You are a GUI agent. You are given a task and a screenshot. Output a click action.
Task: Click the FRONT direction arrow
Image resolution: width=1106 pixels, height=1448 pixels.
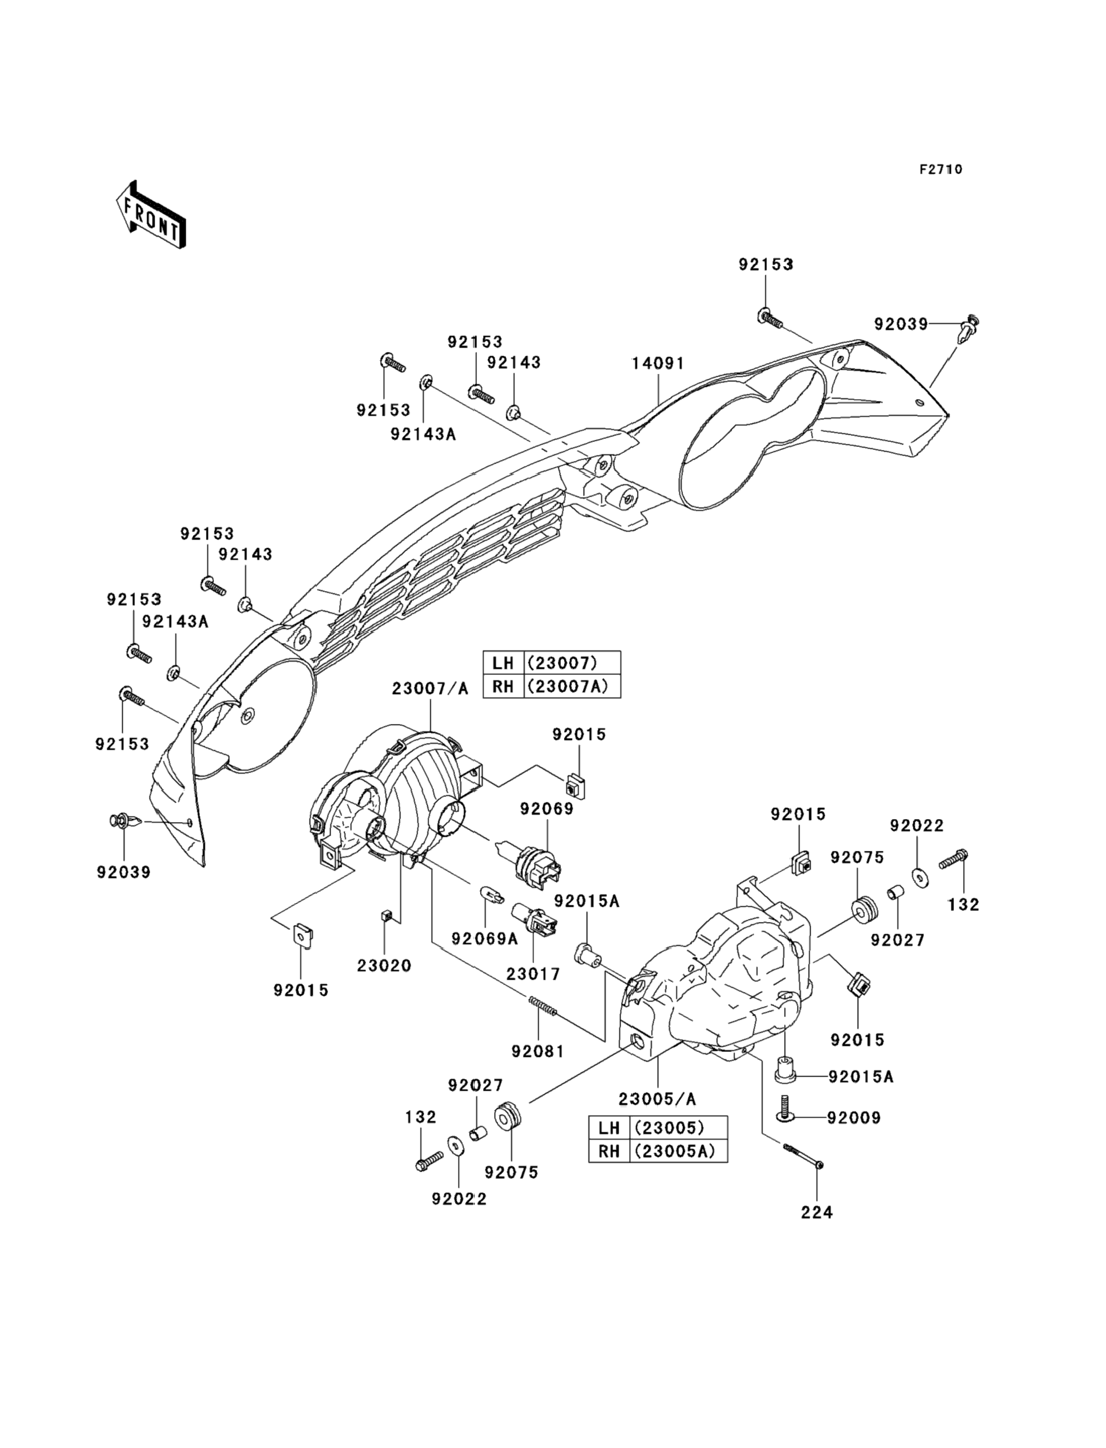(151, 215)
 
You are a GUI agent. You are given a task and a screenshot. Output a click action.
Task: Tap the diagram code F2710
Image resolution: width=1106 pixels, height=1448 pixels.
(940, 169)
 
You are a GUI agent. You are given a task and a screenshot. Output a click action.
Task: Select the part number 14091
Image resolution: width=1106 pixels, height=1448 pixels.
(658, 363)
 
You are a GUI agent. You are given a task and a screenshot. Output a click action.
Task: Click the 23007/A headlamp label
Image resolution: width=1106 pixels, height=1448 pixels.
(430, 688)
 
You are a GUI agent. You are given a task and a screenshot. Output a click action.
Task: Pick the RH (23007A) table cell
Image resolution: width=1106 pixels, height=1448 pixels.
(573, 687)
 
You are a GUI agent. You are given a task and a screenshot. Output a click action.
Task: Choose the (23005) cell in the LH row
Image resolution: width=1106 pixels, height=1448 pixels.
(678, 1127)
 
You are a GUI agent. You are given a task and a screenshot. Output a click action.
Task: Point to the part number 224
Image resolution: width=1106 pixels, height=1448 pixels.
(817, 1212)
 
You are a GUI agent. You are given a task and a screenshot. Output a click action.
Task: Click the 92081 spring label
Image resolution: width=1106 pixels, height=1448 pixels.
(538, 1051)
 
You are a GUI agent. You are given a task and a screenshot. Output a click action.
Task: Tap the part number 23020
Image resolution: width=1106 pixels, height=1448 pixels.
(384, 966)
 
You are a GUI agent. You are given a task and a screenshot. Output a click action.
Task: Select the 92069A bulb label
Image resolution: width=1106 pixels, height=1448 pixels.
(484, 939)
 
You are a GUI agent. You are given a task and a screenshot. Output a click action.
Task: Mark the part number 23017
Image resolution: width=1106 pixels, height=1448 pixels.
(533, 974)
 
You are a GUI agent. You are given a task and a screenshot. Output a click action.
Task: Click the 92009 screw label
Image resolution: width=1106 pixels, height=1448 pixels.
(854, 1118)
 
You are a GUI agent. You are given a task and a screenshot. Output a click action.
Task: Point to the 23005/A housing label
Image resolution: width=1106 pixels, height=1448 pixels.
(657, 1099)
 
